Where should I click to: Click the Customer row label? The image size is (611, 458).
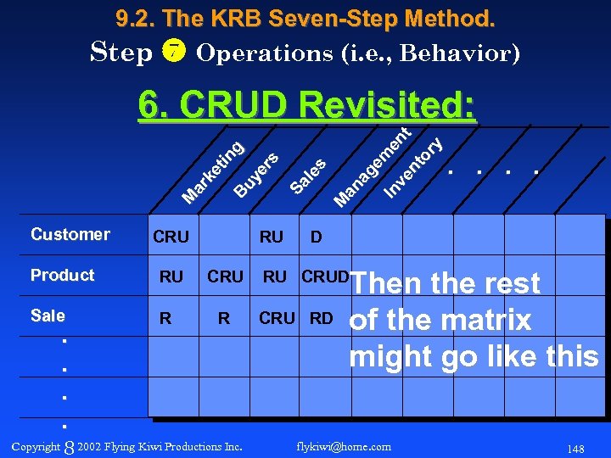click(70, 234)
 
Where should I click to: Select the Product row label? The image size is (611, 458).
click(63, 275)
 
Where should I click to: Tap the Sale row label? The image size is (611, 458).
click(48, 316)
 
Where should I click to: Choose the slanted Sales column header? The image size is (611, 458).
click(308, 175)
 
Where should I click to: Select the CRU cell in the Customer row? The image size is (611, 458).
click(171, 237)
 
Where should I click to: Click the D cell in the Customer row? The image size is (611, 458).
click(316, 237)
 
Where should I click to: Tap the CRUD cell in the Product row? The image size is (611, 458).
click(325, 276)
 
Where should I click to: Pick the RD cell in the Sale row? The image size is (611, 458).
click(322, 318)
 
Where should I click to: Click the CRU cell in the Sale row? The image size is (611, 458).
click(277, 318)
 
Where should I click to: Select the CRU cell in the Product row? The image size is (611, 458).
click(225, 276)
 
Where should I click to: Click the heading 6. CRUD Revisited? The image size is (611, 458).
click(306, 106)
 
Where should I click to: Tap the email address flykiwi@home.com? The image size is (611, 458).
click(345, 446)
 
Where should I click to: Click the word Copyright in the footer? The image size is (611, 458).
click(36, 446)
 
